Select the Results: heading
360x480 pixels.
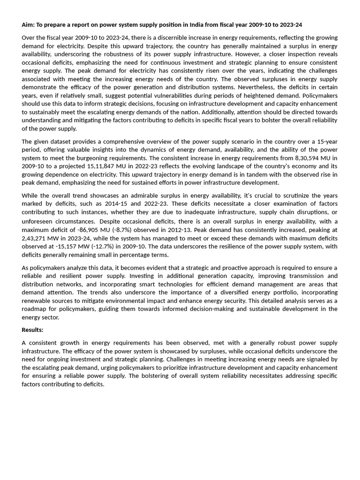coord(32,330)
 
